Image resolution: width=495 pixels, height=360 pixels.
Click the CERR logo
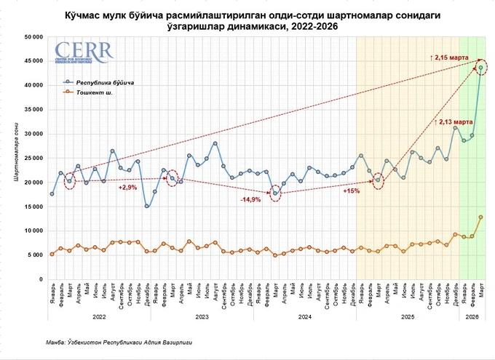[84, 53]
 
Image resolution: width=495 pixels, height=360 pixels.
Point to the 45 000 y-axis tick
[31, 61]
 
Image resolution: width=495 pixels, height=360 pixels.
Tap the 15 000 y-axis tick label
[31, 206]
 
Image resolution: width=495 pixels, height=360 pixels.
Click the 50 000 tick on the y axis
[31, 37]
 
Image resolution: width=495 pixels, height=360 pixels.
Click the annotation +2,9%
[128, 188]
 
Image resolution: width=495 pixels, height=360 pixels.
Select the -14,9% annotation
[250, 199]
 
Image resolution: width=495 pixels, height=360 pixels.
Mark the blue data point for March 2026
[481, 68]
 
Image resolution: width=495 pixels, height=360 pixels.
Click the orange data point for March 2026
[481, 217]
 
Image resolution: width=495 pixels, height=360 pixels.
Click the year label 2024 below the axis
[305, 317]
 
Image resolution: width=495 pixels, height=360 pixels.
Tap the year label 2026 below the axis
[472, 317]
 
